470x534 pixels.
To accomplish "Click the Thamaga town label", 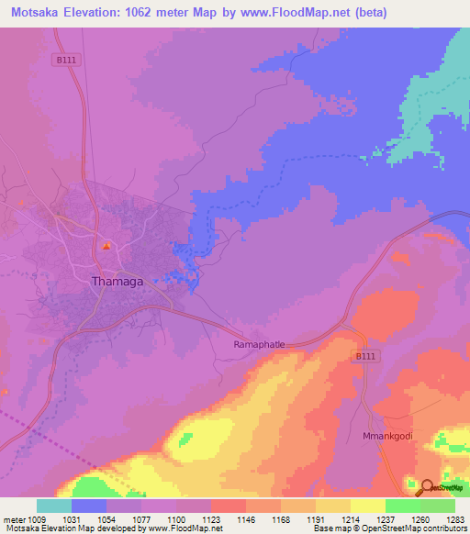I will (x=117, y=283).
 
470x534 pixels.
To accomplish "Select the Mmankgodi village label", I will (x=390, y=437).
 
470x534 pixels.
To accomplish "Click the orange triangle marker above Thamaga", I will (x=106, y=246).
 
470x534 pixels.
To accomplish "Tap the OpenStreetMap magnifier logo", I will (x=427, y=487).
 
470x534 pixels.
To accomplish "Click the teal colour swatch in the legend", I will (x=54, y=506).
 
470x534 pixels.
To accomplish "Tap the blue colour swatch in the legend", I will (x=89, y=506).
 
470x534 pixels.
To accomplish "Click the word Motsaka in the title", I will (x=39, y=13).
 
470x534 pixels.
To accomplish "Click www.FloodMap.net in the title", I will (x=294, y=13).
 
